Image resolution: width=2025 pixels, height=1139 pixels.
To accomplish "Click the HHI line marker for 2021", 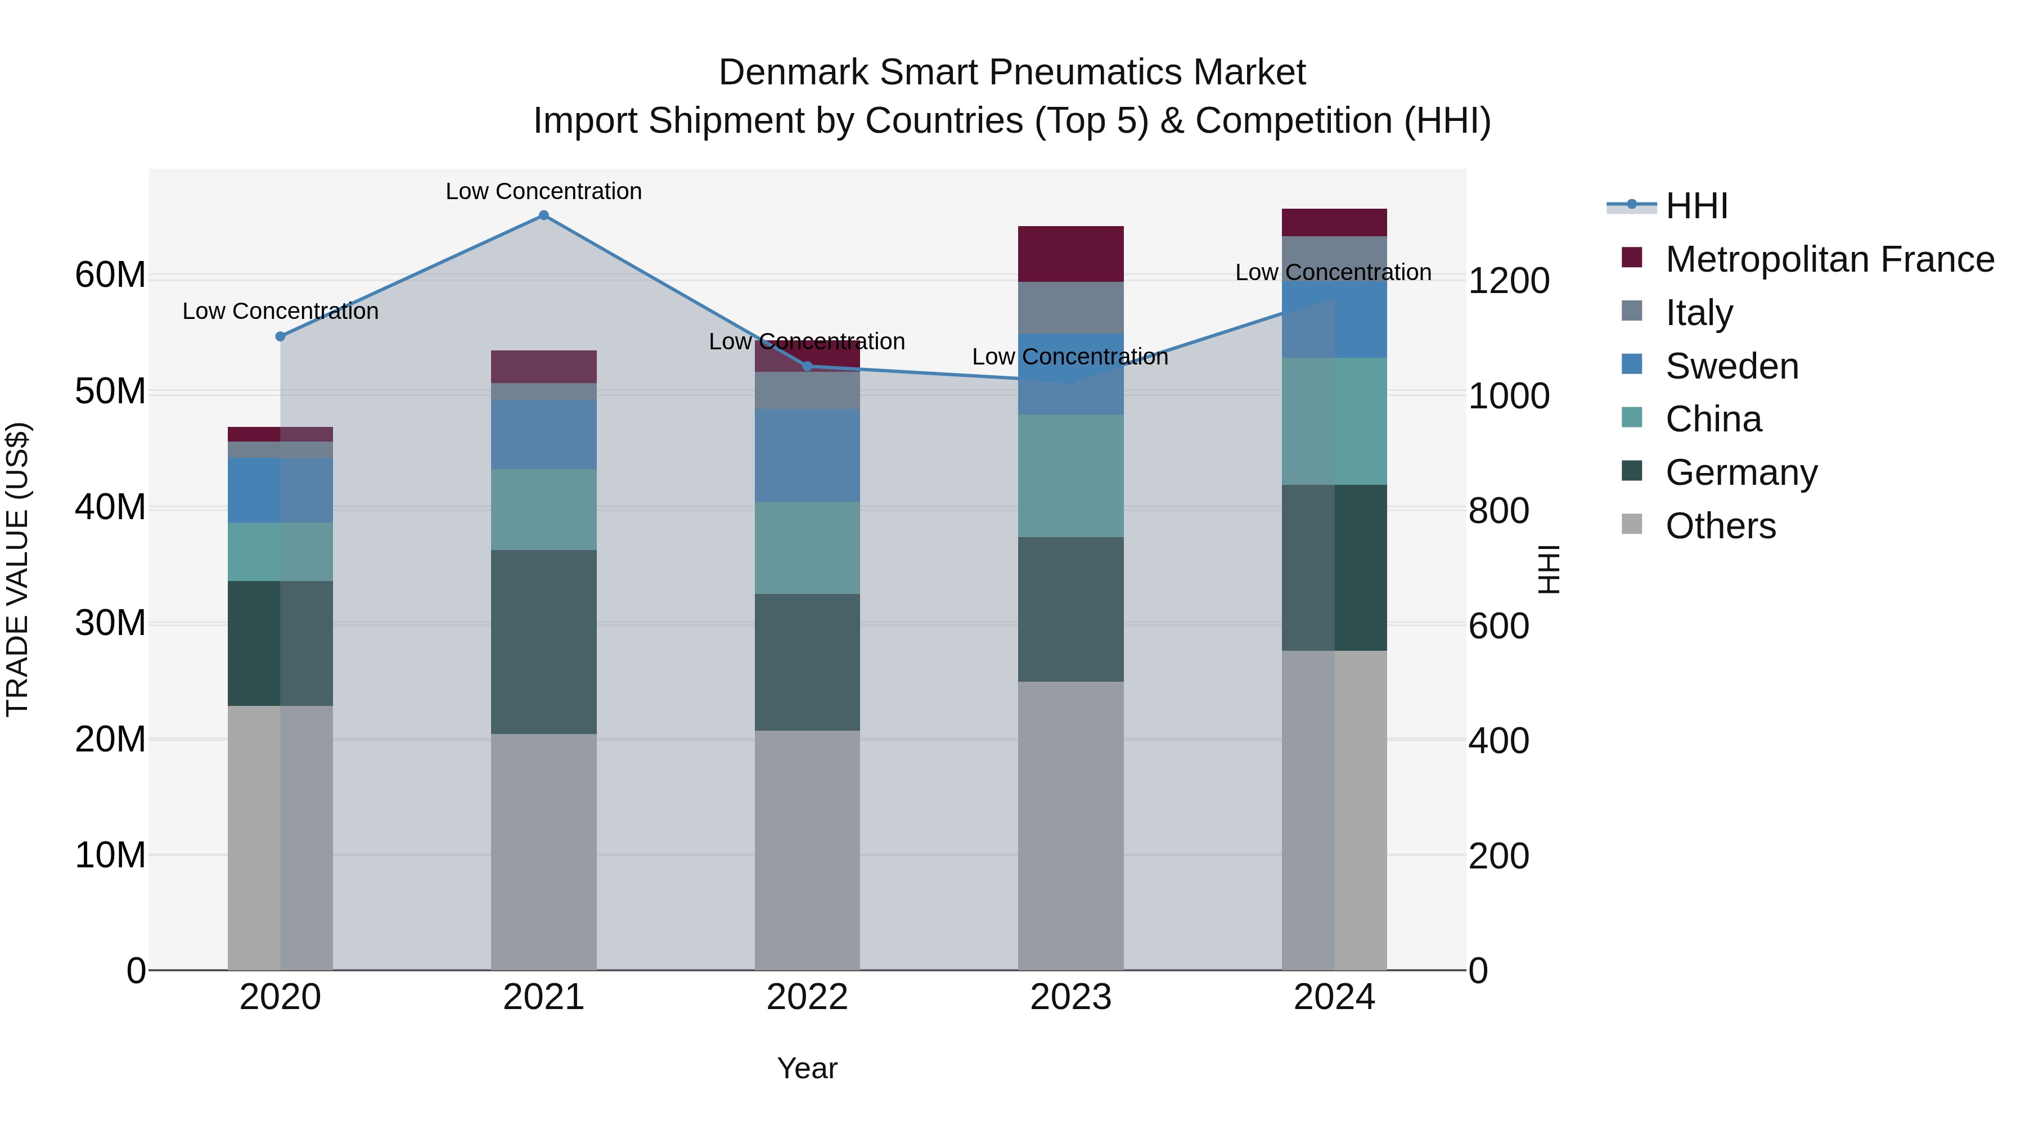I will click(543, 215).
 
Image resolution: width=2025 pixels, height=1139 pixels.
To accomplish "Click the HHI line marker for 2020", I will click(281, 336).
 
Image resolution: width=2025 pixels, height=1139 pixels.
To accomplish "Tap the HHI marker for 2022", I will click(807, 366).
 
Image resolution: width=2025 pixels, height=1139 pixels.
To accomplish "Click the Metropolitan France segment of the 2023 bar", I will click(1070, 254).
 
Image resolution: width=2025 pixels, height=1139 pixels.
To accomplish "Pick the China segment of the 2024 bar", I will click(1334, 421).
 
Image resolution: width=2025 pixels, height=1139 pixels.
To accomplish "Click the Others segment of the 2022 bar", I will click(807, 849).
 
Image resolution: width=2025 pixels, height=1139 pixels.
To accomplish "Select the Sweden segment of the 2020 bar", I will click(281, 490).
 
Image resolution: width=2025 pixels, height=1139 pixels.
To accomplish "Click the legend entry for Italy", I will click(1698, 313).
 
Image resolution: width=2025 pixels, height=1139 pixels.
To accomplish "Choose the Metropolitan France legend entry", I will click(1829, 259).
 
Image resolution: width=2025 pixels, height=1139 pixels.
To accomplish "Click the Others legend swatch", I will click(1632, 524).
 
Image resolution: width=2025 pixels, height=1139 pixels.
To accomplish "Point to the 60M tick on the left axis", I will click(110, 275).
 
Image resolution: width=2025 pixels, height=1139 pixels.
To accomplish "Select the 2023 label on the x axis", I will click(1070, 997).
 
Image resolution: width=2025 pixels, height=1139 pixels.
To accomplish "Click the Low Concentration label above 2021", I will click(543, 191).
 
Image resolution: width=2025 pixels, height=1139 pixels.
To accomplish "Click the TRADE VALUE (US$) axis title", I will click(17, 569).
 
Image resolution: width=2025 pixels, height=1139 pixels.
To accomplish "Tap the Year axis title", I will click(807, 1068).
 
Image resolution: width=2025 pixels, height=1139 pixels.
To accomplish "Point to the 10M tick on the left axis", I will click(110, 855).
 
